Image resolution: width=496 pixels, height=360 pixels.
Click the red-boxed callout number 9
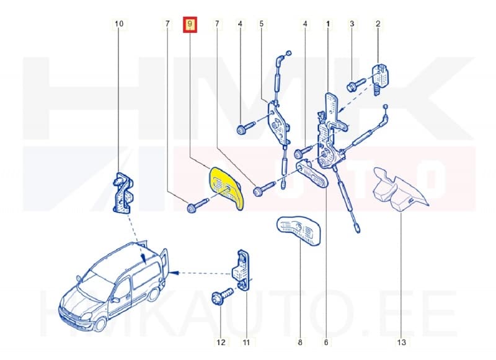(x=190, y=24)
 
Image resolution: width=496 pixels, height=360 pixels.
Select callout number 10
(x=119, y=24)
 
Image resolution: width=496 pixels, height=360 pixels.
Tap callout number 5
(x=261, y=24)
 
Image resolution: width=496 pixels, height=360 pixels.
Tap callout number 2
(x=378, y=24)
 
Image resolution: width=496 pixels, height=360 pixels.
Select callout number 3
(x=352, y=24)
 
